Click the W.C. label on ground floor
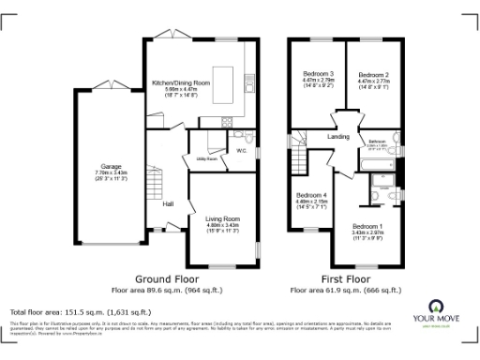[241, 150]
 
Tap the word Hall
[168, 203]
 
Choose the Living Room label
[223, 218]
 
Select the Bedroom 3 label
[318, 73]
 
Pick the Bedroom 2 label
[373, 73]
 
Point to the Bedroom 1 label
[367, 226]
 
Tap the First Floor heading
[343, 279]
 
